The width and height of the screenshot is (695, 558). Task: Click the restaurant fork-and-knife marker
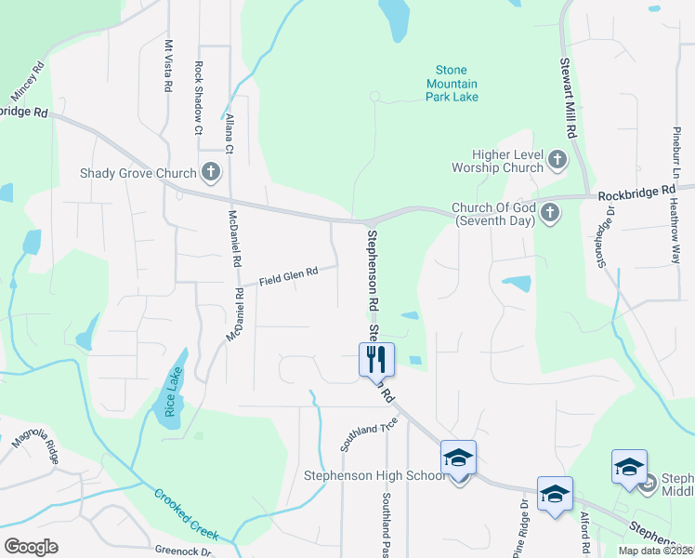(x=377, y=360)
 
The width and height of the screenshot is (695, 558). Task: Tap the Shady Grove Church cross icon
(x=211, y=172)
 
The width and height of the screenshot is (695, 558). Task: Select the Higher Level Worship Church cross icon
(x=557, y=160)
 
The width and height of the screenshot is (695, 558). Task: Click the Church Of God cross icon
(x=550, y=213)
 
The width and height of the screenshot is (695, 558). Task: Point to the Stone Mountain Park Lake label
(x=452, y=83)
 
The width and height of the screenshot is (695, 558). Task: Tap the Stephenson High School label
(x=375, y=476)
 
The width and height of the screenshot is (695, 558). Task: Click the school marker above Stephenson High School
(x=458, y=458)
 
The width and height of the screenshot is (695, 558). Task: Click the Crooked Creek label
(x=186, y=514)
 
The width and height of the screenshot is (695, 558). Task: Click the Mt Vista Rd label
(x=168, y=65)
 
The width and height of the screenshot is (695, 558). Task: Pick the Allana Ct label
(x=229, y=132)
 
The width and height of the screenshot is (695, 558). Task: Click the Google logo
(x=31, y=546)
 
